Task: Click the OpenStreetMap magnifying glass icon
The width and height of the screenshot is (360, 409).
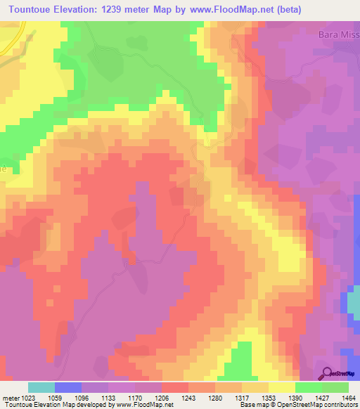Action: click(x=328, y=373)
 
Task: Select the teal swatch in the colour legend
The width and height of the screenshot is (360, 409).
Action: click(x=41, y=387)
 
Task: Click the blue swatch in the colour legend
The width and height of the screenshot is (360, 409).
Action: click(x=67, y=387)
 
